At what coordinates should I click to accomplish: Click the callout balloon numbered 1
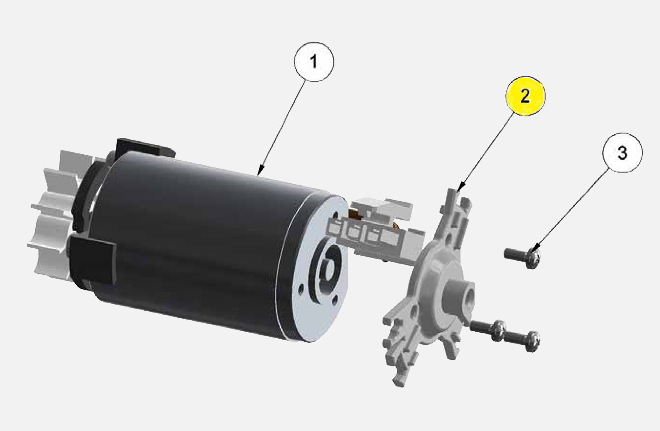[314, 62]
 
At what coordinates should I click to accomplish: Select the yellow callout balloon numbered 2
[525, 96]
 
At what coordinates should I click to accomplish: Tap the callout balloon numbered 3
[622, 153]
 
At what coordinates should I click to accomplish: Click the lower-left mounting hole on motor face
[300, 290]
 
